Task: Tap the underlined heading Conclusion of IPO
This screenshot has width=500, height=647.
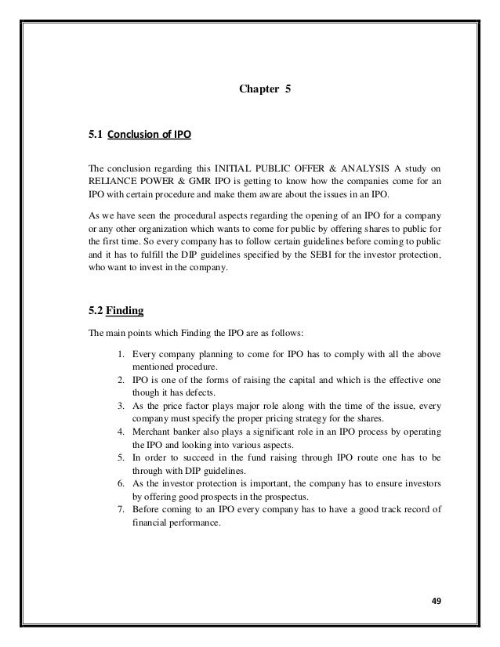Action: (149, 136)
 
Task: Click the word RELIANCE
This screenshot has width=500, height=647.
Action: (115, 181)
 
